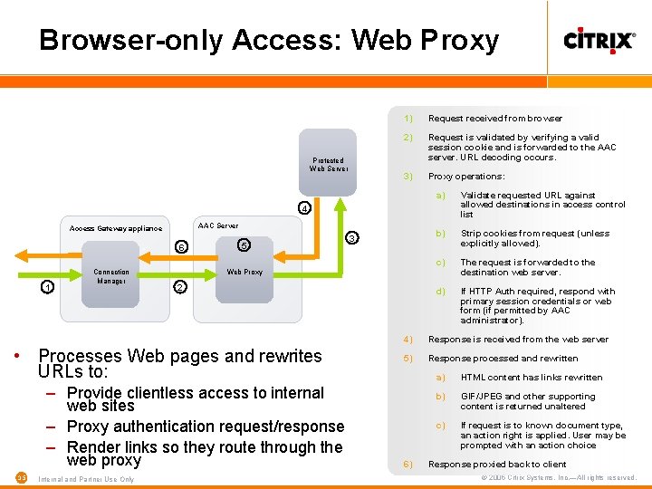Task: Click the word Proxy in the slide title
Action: click(x=456, y=40)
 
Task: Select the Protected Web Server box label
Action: click(x=328, y=164)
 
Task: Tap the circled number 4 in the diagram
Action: click(x=305, y=208)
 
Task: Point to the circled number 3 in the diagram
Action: click(x=352, y=237)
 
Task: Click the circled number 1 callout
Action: click(x=47, y=287)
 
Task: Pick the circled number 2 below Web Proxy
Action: click(x=179, y=287)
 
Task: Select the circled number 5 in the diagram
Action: click(x=244, y=244)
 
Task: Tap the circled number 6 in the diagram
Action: click(x=181, y=247)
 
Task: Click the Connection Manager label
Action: click(x=111, y=276)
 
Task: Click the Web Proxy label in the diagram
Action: click(x=244, y=272)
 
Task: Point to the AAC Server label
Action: click(x=217, y=225)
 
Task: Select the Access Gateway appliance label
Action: click(x=116, y=228)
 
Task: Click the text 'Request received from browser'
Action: click(x=494, y=118)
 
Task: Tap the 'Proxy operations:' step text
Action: click(x=466, y=177)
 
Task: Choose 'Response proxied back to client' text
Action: click(x=496, y=464)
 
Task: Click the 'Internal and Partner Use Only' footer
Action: click(x=87, y=479)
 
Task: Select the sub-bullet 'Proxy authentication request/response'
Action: click(x=206, y=427)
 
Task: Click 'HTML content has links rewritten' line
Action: click(x=531, y=377)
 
